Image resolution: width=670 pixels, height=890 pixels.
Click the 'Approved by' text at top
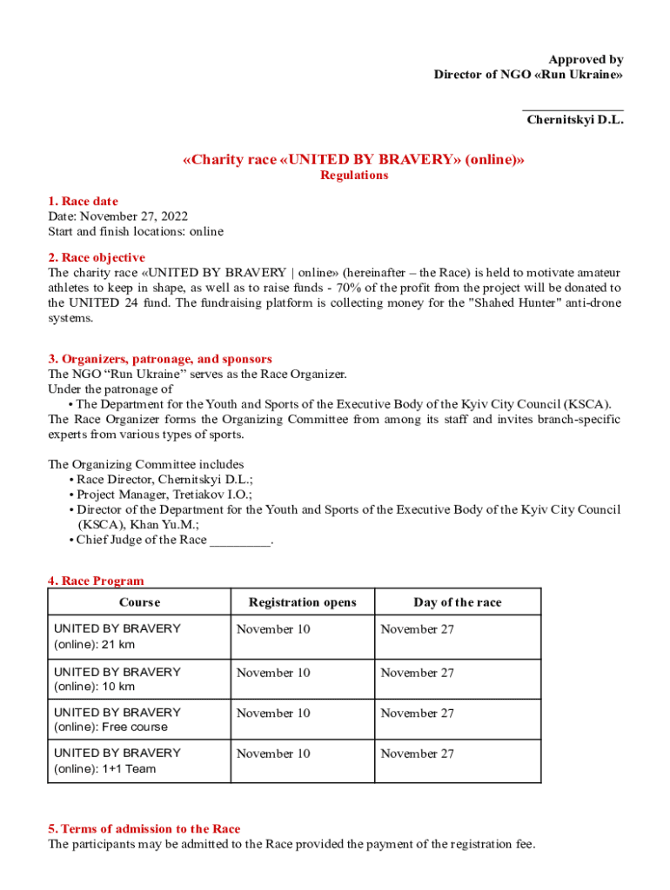[x=588, y=59]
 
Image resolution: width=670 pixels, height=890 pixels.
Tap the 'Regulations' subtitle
[x=354, y=175]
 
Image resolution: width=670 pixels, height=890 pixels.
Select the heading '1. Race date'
[x=83, y=201]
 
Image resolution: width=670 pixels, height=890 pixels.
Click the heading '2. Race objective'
[x=97, y=257]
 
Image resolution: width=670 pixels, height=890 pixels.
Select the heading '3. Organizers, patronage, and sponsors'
[x=160, y=358]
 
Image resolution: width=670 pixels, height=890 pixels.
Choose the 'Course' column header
[x=139, y=602]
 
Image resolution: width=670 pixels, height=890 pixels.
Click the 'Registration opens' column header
[x=302, y=602]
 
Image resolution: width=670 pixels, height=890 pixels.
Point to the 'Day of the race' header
[x=457, y=602]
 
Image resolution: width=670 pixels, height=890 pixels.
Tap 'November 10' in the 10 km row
[x=273, y=673]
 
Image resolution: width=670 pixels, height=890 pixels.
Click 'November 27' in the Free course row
[x=417, y=713]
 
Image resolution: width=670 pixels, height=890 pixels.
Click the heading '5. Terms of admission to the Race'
[x=144, y=828]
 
